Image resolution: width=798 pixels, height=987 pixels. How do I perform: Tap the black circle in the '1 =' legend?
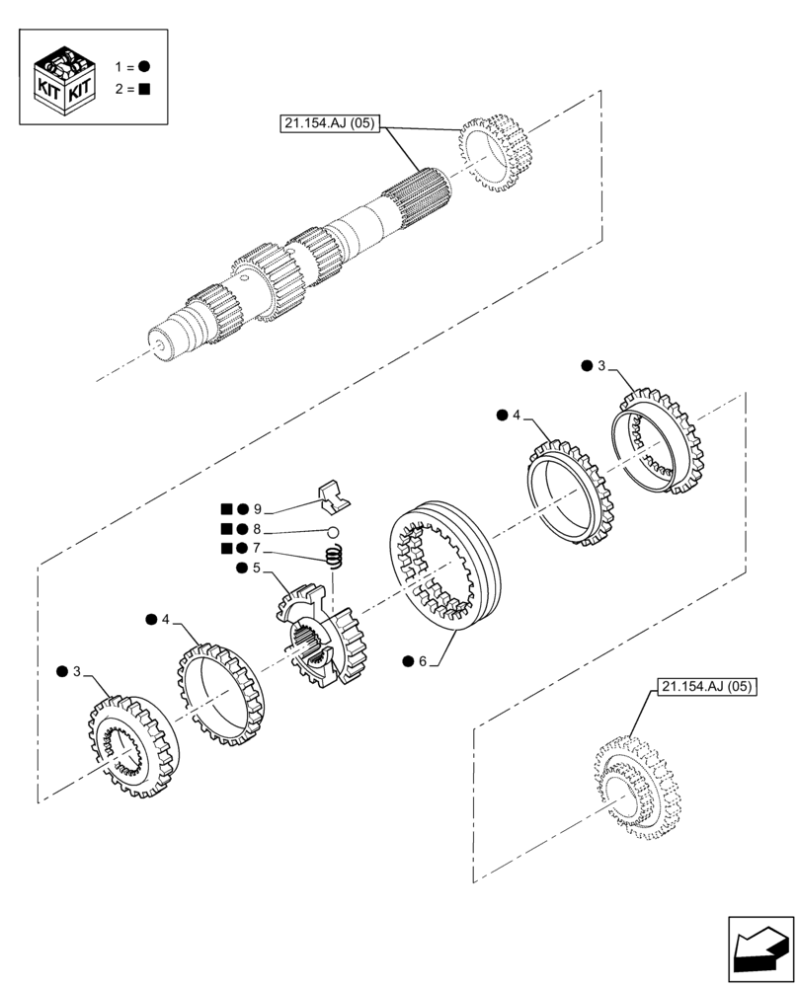tap(144, 66)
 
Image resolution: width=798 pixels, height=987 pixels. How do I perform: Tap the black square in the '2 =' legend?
tap(144, 89)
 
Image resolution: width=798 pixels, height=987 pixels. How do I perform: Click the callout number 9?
tap(257, 509)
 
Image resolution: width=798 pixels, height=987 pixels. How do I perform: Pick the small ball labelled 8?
tap(334, 534)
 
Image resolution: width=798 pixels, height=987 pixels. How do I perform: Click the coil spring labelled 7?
tap(336, 559)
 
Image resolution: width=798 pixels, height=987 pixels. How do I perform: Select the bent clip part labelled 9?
tap(334, 497)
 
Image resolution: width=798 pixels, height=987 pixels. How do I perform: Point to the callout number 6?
tap(422, 661)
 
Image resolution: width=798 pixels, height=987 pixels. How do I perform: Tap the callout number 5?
tap(257, 569)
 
